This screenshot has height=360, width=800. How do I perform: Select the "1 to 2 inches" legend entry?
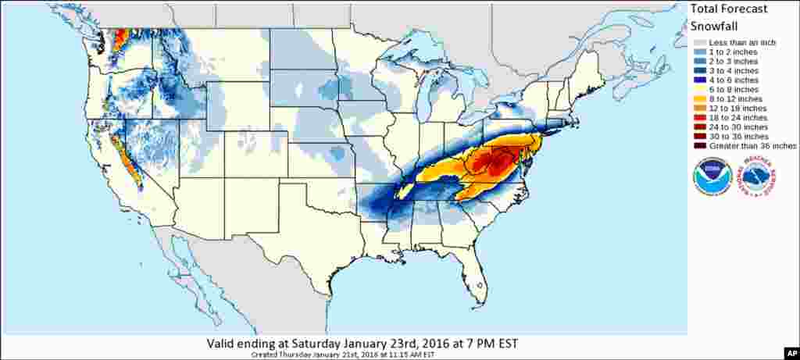pyautogui.click(x=734, y=52)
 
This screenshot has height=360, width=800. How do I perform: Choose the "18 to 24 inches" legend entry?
pyautogui.click(x=737, y=117)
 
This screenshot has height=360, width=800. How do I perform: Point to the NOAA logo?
pyautogui.click(x=712, y=176)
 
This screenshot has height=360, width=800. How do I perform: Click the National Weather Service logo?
pyautogui.click(x=758, y=176)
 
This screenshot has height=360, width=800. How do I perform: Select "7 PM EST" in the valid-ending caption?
pyautogui.click(x=491, y=344)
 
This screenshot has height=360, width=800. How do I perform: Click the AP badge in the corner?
pyautogui.click(x=788, y=351)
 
